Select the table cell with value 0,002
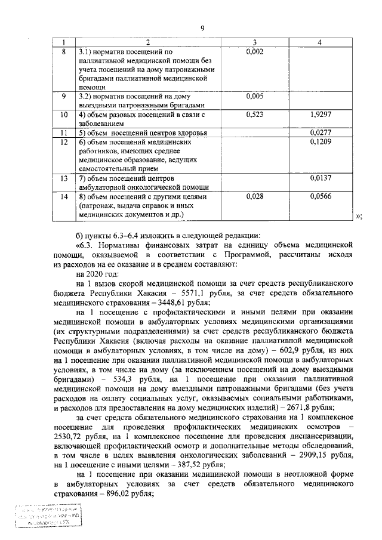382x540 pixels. coord(254,52)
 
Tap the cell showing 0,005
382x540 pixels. coord(254,95)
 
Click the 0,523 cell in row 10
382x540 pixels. coord(254,113)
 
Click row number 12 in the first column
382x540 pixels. coord(64,142)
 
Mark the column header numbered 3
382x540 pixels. coord(254,42)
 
